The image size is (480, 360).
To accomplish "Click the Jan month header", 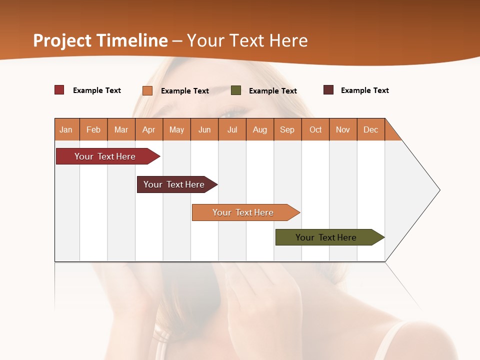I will (x=66, y=129).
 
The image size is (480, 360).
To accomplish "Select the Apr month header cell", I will (x=149, y=129).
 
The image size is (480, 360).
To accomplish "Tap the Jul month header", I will (x=232, y=129).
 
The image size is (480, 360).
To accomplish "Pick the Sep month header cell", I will (x=287, y=129).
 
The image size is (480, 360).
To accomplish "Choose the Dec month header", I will (x=371, y=129).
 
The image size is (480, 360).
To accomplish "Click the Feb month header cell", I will (x=93, y=129).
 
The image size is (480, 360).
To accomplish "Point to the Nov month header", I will (x=343, y=129).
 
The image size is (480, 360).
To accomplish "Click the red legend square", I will (x=59, y=90).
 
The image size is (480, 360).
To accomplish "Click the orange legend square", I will (x=147, y=90).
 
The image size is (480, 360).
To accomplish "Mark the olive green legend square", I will (x=236, y=90).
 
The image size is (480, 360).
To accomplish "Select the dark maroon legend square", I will (x=328, y=90).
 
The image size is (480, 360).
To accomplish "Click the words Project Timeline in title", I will (x=100, y=40).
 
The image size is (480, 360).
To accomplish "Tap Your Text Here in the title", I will (x=247, y=40).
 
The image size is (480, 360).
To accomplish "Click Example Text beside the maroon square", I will (x=364, y=90).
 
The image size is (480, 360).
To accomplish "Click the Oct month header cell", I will (x=315, y=129).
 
